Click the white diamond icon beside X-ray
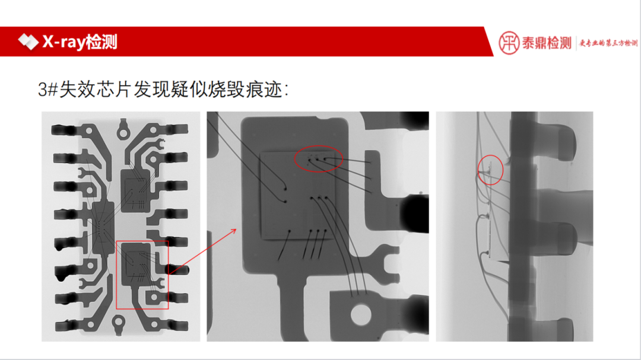coord(27,42)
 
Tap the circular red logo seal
coord(509,43)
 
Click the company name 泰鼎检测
coord(547,43)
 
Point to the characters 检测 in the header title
coord(101,42)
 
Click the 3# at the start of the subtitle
coord(47,90)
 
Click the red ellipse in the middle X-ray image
coord(319,159)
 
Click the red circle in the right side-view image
coord(491,170)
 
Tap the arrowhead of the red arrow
coord(237,229)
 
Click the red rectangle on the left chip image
coord(142,275)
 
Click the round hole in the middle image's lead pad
coord(360,314)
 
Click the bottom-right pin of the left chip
coord(177,326)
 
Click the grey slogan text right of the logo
coord(608,43)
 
